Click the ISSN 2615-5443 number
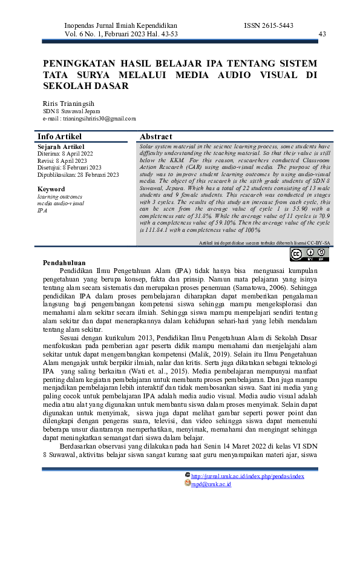tap(269, 25)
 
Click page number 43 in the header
tap(322, 34)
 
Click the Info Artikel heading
tap(59, 137)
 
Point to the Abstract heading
tap(156, 137)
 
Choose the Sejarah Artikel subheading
tap(61, 146)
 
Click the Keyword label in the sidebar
tap(51, 189)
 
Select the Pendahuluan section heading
tap(64, 263)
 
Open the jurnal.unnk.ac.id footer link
tap(247, 476)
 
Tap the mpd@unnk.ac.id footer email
tap(211, 484)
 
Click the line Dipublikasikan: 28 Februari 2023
tap(78, 174)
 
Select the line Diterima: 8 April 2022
tap(61, 154)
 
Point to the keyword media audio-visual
tap(61, 203)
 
